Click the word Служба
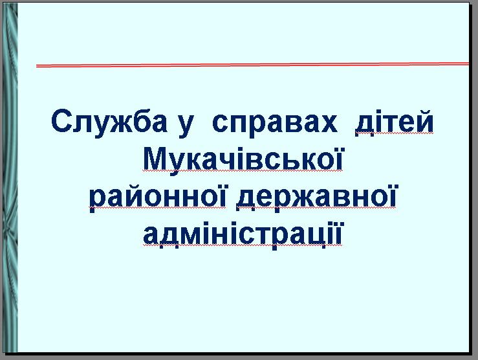coord(109,122)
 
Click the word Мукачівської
coord(243,161)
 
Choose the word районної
coord(158,197)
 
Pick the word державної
coord(316,197)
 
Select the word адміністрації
coord(243,234)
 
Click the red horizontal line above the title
coord(252,65)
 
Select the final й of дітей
coord(424,120)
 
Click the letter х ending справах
coord(329,124)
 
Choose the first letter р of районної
coord(99,201)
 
